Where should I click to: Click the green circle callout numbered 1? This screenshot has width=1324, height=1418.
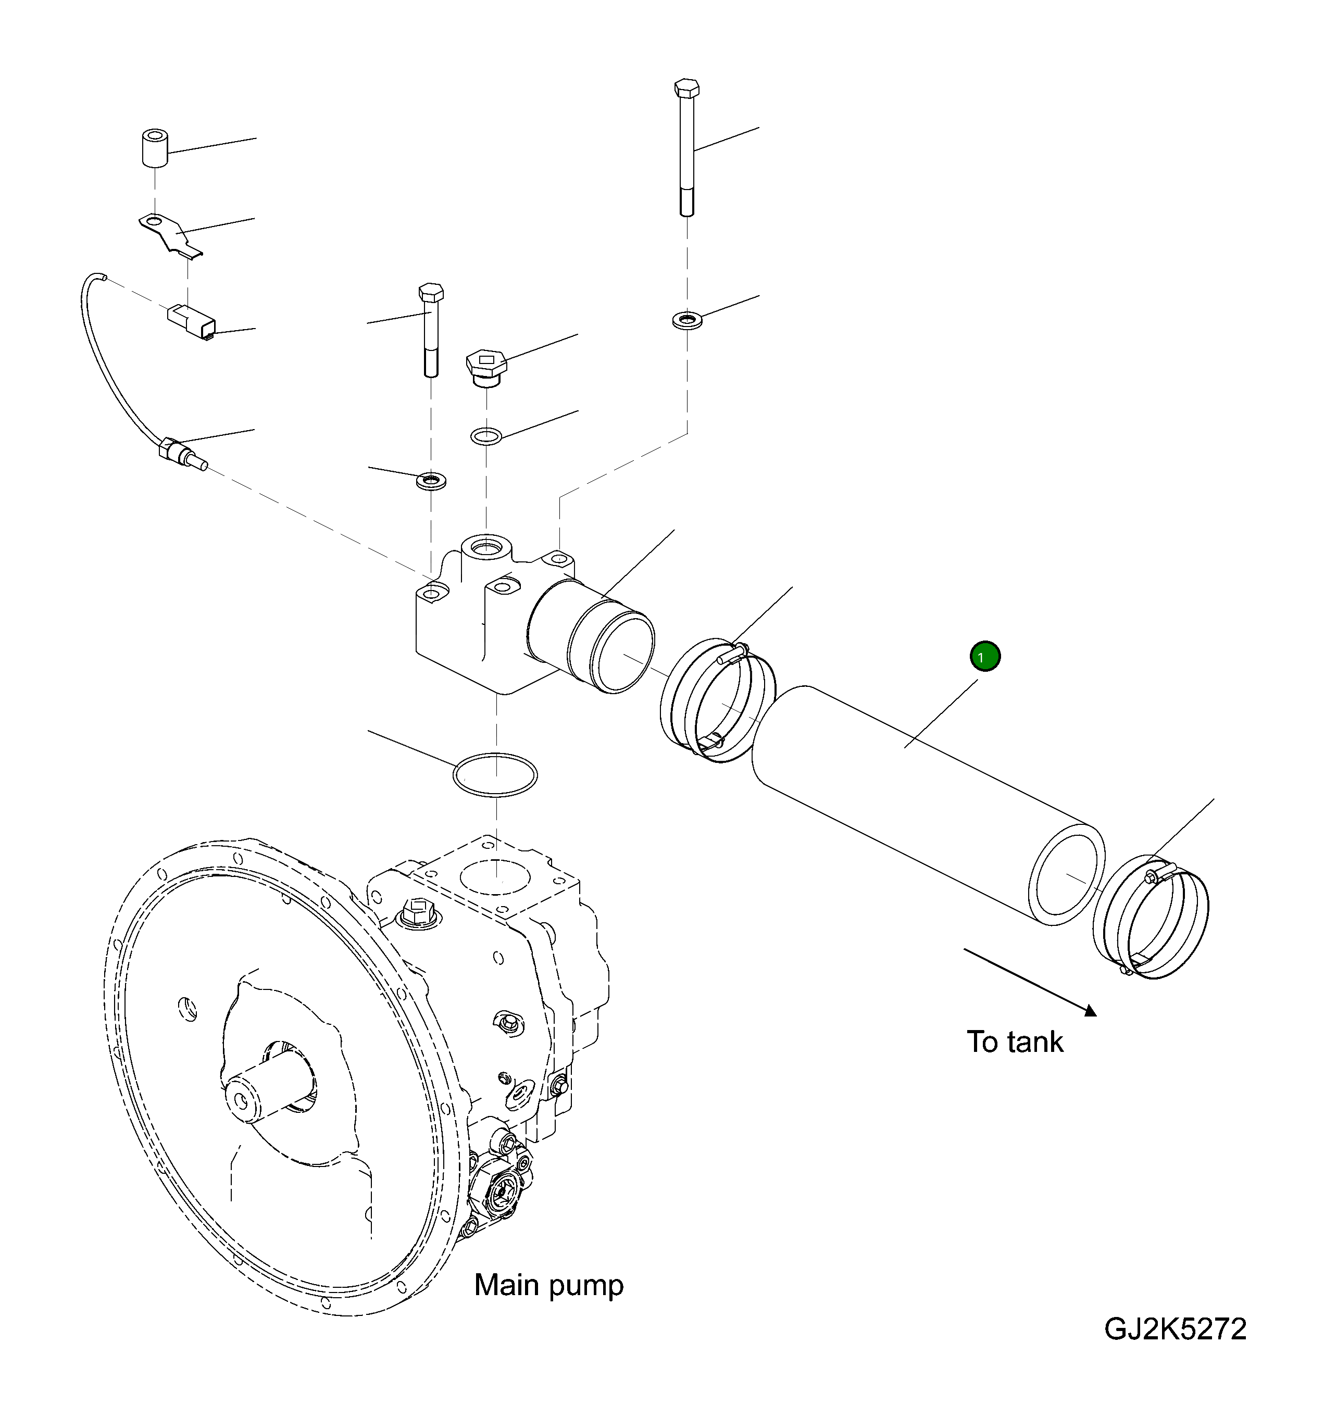tap(984, 656)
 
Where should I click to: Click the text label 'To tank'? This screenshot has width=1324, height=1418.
tap(1015, 1042)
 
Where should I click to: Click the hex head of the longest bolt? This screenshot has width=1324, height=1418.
tap(686, 89)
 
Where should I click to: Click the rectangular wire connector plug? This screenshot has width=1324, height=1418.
tap(191, 322)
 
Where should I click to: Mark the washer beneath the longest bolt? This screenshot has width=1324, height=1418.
tap(687, 320)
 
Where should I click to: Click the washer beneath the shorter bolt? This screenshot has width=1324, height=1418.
tap(431, 480)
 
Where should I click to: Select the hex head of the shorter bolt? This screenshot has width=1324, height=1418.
tap(430, 293)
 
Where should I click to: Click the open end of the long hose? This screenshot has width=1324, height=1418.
tap(1067, 874)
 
